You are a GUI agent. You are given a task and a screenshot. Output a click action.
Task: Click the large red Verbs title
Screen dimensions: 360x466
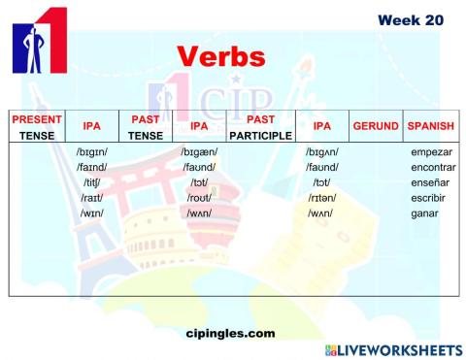[x=222, y=56]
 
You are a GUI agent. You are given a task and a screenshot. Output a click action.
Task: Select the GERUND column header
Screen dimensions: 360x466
[x=375, y=126]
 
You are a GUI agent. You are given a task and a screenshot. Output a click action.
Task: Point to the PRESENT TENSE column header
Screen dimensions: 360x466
[x=37, y=126]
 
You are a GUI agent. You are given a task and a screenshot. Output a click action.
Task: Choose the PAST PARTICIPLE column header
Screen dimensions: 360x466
[x=253, y=126]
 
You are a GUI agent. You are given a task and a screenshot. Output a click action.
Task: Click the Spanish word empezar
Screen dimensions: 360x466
[x=433, y=153]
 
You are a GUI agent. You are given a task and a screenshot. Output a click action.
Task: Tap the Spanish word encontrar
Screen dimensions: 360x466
[x=433, y=168]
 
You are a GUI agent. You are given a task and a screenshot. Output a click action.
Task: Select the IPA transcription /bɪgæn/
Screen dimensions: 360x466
[x=199, y=153]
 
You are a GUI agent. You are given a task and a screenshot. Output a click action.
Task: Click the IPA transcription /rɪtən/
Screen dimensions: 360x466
[x=321, y=197]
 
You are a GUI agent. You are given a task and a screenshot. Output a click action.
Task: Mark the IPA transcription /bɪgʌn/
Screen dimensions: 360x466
[x=321, y=153]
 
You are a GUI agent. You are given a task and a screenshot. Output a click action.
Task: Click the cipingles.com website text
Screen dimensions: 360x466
[x=229, y=333]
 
